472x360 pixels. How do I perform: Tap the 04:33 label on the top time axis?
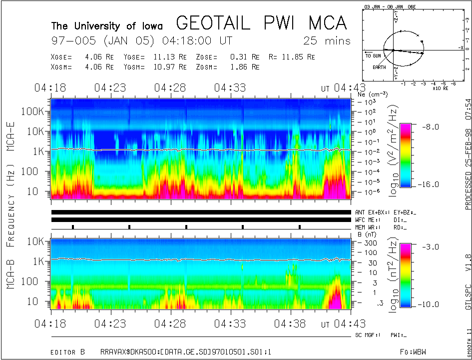pyautogui.click(x=230, y=88)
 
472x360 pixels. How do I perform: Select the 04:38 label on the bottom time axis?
pyautogui.click(x=290, y=323)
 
